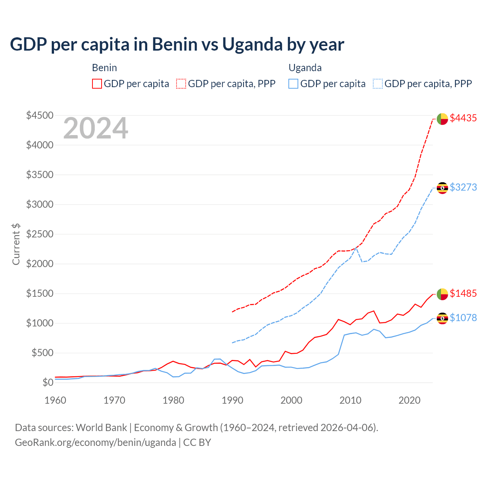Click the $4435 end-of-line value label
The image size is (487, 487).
pos(463,118)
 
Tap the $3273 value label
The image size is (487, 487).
pos(463,187)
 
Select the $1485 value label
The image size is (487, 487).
pos(463,293)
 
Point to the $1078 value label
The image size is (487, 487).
pos(463,318)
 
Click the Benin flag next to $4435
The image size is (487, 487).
pos(442,119)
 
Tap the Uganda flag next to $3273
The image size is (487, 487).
pos(442,188)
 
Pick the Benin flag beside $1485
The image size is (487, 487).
pos(442,294)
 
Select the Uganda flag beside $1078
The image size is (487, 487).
pos(442,318)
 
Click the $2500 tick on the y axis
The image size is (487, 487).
pos(40,234)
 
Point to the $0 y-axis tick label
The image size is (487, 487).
pos(48,382)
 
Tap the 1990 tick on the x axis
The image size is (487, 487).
pos(232,400)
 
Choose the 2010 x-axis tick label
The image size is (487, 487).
pos(350,400)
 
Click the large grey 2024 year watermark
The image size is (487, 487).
pos(95,129)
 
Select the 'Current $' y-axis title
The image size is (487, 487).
pos(16,244)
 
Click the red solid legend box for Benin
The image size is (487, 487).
pos(97,84)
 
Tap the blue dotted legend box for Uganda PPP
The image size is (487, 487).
pos(378,84)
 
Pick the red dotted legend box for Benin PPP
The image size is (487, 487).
pos(181,84)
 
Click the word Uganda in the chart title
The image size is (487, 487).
pos(251,45)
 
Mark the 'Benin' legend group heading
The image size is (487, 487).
pos(104,68)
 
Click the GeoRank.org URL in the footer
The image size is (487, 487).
pos(95,442)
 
